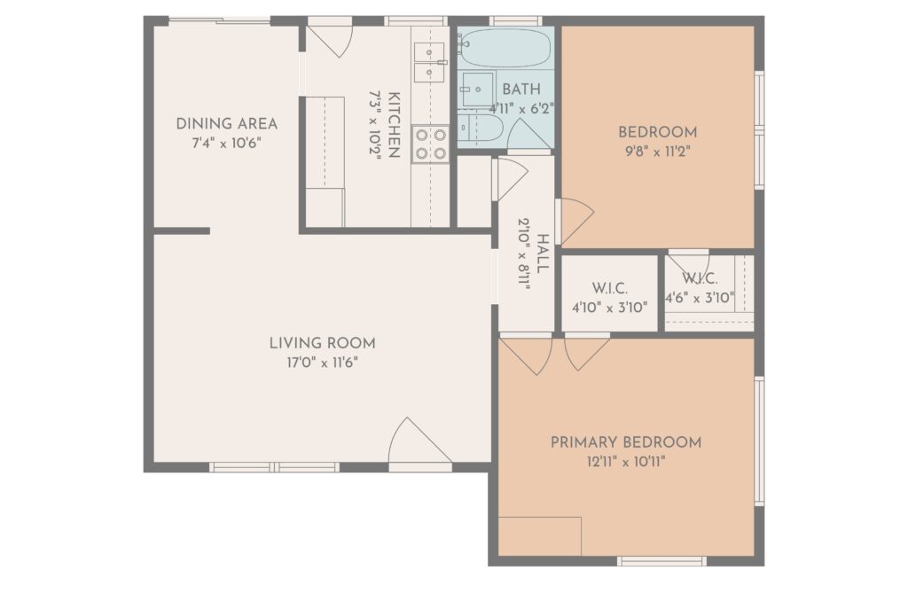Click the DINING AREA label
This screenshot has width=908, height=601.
pos(226,124)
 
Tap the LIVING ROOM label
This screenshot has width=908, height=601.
pos(323,343)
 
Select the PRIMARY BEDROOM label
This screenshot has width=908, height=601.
pos(625,443)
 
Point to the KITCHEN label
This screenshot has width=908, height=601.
pos(394,124)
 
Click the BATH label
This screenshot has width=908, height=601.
pos(521,90)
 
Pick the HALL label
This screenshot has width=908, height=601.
pos(543,254)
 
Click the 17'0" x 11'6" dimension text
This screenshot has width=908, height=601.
pos(323,363)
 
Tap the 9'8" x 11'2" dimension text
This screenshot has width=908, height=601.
pos(657,152)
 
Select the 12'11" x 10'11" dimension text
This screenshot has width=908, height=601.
pos(625,462)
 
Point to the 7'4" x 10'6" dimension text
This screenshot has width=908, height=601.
pos(226,143)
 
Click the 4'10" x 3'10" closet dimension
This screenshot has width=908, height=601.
pos(610,308)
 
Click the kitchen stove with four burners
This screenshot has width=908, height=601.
pos(431,144)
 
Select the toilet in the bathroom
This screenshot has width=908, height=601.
pos(480,128)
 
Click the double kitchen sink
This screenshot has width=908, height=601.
pos(429,63)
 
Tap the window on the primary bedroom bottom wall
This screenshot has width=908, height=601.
pos(661,560)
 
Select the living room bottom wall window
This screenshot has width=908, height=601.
pos(275,466)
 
